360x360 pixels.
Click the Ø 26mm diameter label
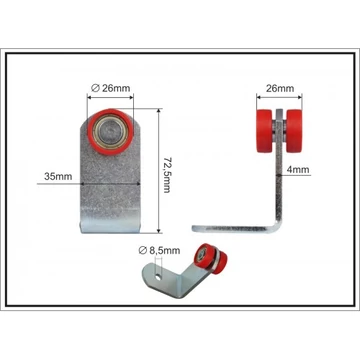(110, 88)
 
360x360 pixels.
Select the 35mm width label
(58, 176)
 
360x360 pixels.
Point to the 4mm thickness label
(298, 169)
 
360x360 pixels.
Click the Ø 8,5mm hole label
(159, 251)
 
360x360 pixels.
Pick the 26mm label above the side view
(280, 88)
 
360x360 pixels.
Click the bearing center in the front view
(110, 132)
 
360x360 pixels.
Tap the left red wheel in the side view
(265, 131)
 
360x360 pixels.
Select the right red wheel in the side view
(294, 131)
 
